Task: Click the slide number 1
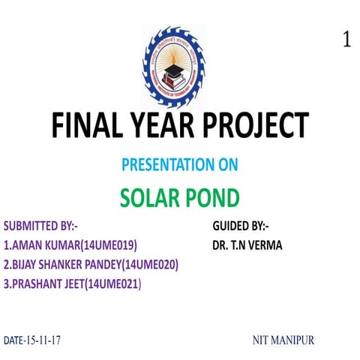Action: click(346, 40)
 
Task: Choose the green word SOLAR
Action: click(151, 197)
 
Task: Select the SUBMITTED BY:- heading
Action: click(41, 226)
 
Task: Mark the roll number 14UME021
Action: click(112, 284)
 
